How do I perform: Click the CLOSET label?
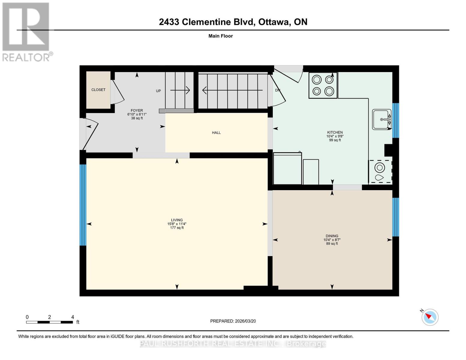coord(98,90)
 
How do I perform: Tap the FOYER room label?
coord(137,110)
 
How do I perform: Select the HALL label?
coord(216,133)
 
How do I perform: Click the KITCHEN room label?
coord(335,132)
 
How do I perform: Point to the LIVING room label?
coord(177,220)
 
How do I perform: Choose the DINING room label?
coord(332,236)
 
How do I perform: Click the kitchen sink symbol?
coord(382,119)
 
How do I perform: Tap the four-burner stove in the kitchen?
coord(323,85)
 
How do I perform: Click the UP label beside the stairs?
coord(158,91)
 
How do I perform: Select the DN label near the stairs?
coord(278,90)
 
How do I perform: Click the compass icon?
coord(430,317)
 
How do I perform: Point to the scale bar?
coord(50,322)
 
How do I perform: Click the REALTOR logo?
coord(26,31)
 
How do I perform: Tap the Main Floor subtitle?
coord(221,36)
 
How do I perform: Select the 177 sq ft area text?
coord(177,228)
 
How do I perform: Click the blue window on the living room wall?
coord(83,205)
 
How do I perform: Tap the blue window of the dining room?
coord(396,217)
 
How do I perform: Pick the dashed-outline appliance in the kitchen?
coord(380,171)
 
